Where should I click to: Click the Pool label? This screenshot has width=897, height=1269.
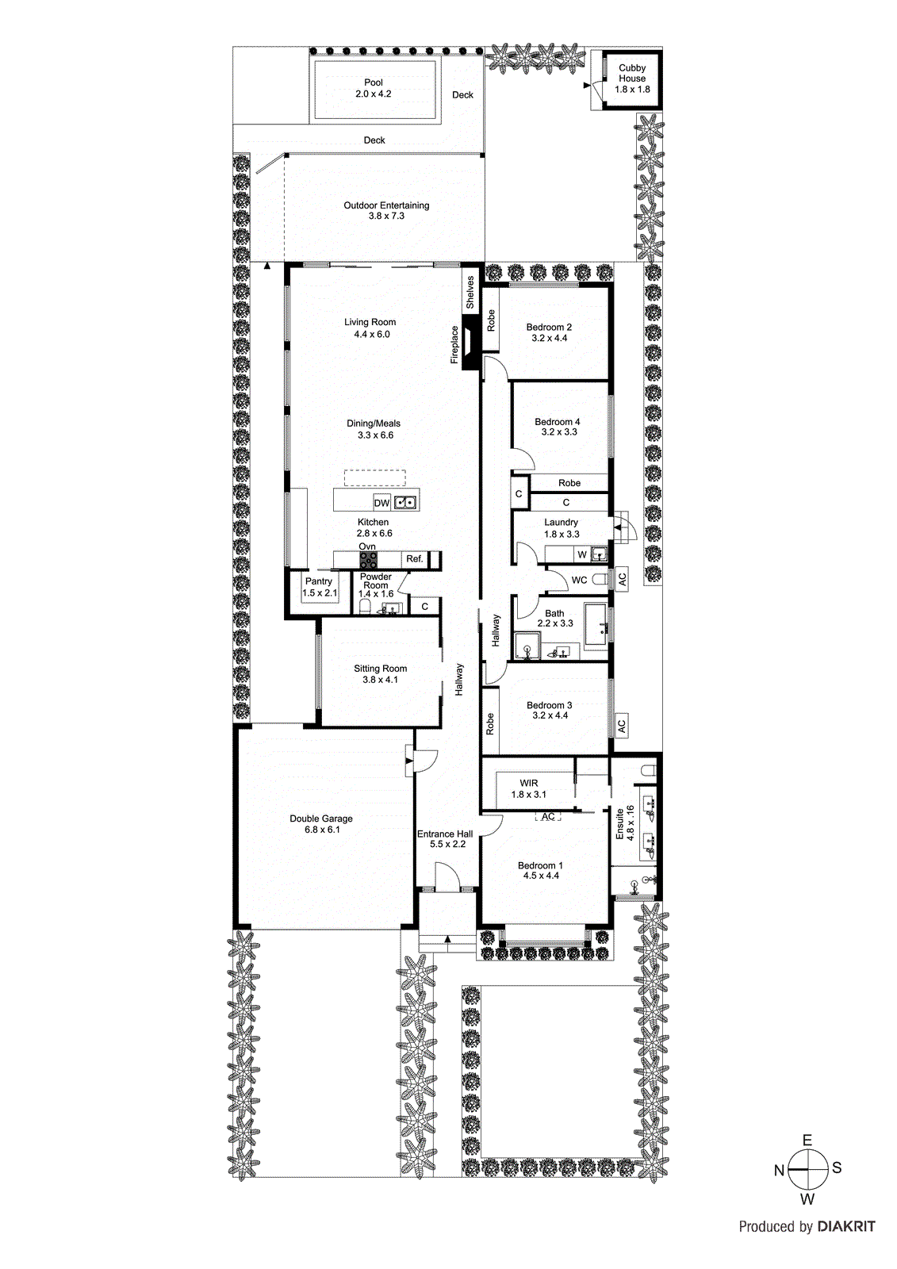[x=373, y=82]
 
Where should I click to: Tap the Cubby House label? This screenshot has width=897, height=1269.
[x=632, y=73]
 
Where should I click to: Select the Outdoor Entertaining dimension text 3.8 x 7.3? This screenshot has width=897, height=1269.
[x=386, y=216]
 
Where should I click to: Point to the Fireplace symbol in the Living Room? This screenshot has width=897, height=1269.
[x=471, y=342]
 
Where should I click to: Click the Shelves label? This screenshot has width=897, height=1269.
[x=470, y=293]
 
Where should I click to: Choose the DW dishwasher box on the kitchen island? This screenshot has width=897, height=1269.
[x=382, y=503]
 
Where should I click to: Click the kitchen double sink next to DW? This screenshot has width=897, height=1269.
[x=405, y=502]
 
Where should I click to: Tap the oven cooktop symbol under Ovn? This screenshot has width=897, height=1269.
[x=368, y=559]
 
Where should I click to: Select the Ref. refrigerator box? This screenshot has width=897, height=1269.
[x=415, y=559]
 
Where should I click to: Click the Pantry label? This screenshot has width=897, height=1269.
[x=319, y=581]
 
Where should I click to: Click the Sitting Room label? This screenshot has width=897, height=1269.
[x=380, y=669]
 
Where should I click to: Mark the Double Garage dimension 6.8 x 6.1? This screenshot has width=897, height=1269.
[x=322, y=830]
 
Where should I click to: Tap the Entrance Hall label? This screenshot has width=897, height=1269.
[x=445, y=834]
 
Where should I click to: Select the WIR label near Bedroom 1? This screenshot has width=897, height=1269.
[x=528, y=783]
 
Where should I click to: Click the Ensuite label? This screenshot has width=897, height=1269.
[x=620, y=824]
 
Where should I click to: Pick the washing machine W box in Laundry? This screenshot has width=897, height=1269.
[x=582, y=554]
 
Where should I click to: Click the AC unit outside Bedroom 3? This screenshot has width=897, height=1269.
[x=622, y=724]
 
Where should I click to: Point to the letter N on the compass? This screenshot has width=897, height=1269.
[x=779, y=1170]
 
